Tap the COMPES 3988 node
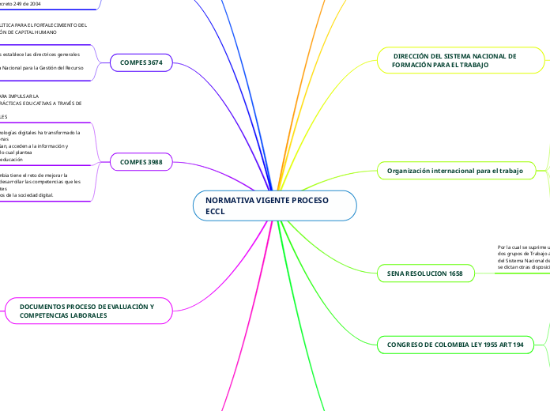click(141, 163)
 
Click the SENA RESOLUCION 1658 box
click(425, 273)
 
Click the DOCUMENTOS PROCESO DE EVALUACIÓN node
click(88, 311)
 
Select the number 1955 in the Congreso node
click(482, 345)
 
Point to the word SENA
click(396, 273)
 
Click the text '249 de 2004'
click(24, 4)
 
